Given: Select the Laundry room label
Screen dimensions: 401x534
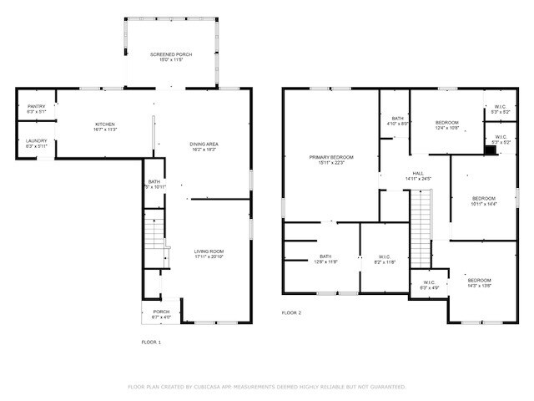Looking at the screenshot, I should [x=36, y=143].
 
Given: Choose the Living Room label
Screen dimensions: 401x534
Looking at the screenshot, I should [x=209, y=253].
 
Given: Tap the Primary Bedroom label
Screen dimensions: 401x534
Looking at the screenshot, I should [x=331, y=160].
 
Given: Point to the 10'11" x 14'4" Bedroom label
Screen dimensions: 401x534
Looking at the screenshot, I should [x=483, y=200].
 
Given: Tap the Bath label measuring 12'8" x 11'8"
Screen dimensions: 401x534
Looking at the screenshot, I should [x=326, y=259].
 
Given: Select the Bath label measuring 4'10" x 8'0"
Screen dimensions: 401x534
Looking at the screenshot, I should [x=398, y=121].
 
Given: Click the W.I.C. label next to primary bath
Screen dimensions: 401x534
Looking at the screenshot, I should [x=385, y=259].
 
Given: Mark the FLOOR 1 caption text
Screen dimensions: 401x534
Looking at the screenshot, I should [x=151, y=342].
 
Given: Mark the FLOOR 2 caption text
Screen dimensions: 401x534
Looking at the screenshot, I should [x=290, y=312].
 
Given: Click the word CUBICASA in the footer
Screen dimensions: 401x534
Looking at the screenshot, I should [x=214, y=387].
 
